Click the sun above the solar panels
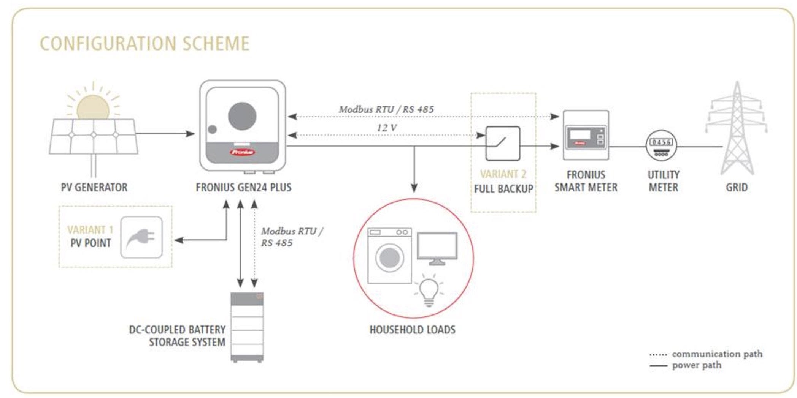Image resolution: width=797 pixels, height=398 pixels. click(x=93, y=107)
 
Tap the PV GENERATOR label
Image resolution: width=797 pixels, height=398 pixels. click(x=94, y=187)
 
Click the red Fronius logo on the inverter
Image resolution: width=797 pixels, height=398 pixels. click(x=242, y=152)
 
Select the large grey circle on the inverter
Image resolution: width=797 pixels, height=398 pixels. click(x=242, y=116)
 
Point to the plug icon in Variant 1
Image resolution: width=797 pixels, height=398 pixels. click(x=141, y=237)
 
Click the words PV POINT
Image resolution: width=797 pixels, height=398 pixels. click(x=91, y=243)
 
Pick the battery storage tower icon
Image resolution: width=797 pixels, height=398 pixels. click(x=247, y=327)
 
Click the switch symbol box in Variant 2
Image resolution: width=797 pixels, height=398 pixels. click(x=503, y=144)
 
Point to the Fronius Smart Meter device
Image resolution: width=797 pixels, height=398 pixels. click(x=586, y=135)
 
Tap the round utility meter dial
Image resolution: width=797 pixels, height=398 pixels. click(x=662, y=147)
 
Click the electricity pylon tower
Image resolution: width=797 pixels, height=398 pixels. click(x=737, y=129)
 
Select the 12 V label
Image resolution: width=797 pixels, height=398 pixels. click(x=386, y=128)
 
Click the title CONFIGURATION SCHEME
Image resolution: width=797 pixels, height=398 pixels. click(x=145, y=43)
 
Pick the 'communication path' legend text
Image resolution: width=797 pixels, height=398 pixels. click(x=717, y=354)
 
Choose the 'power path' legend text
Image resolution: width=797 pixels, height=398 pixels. click(x=697, y=365)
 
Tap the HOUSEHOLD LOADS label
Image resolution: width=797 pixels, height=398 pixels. click(x=412, y=329)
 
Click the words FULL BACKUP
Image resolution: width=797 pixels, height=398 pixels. click(x=503, y=189)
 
